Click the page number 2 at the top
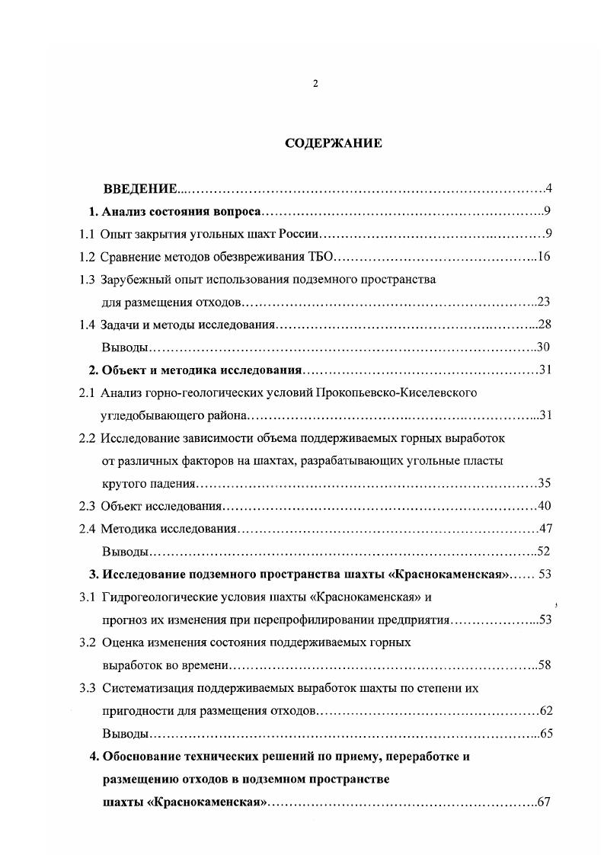point(315,84)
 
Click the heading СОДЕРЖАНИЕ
point(334,143)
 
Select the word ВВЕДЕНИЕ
point(140,188)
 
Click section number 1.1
point(88,234)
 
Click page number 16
point(544,257)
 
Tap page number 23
point(544,301)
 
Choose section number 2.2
point(88,438)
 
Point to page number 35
point(544,483)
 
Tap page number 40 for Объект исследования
point(544,505)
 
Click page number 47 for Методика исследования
point(544,528)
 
